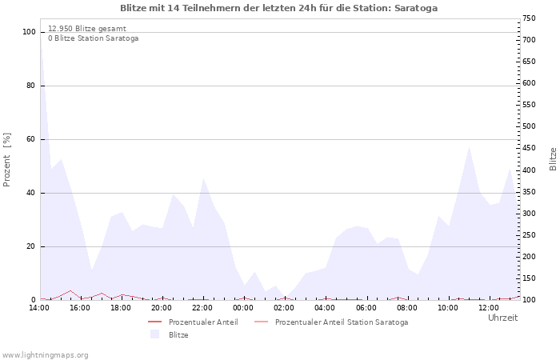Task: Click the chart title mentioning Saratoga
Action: point(278,8)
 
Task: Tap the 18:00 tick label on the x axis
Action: point(121,308)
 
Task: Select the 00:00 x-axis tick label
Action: point(243,308)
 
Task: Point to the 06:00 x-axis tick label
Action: point(366,308)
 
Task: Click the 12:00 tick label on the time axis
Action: point(489,308)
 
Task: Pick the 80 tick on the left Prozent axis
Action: point(30,86)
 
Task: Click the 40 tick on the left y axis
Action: point(30,193)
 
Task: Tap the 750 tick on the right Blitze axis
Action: point(530,18)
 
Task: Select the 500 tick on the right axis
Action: point(530,126)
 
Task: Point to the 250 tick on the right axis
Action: point(530,235)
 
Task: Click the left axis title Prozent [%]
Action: point(7,159)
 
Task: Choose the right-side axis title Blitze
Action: point(553,158)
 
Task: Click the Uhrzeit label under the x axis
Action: point(502,318)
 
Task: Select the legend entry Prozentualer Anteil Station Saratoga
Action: point(341,322)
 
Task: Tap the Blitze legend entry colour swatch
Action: point(154,334)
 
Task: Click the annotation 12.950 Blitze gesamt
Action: point(87,28)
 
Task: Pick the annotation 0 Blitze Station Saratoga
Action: point(93,38)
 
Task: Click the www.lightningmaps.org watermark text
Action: point(45,354)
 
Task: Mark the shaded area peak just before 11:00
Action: point(469,147)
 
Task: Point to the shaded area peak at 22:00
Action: point(203,179)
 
